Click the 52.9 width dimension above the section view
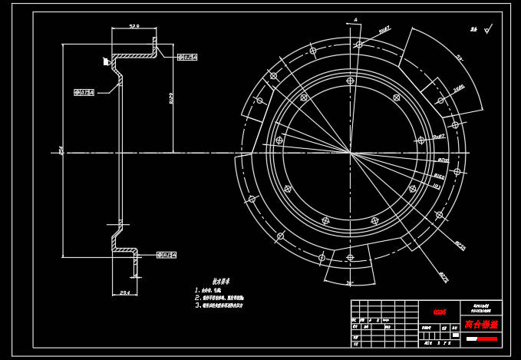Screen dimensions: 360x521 coord(134,26)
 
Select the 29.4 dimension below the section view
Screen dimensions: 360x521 coord(125,292)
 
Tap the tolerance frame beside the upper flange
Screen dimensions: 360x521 coord(188,57)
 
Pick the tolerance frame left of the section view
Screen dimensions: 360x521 coord(84,92)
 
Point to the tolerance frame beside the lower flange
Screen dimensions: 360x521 coord(167,255)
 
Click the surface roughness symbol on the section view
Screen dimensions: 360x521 coord(107,61)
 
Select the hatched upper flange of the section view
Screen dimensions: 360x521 coord(135,54)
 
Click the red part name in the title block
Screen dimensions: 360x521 coord(481,325)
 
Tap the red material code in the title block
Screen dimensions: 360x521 coord(440,312)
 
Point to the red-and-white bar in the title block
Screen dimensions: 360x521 coord(482,339)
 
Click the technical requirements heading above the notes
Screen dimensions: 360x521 coord(221,282)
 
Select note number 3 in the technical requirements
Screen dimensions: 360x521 coord(219,306)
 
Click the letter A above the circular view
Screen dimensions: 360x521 coord(355,20)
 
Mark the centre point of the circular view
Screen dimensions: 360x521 coord(351,154)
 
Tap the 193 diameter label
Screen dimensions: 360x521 coord(437,186)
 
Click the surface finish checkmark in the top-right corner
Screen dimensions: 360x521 coord(475,30)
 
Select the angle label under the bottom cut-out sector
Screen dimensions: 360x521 coord(350,283)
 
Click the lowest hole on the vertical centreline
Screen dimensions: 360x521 coord(351,258)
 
